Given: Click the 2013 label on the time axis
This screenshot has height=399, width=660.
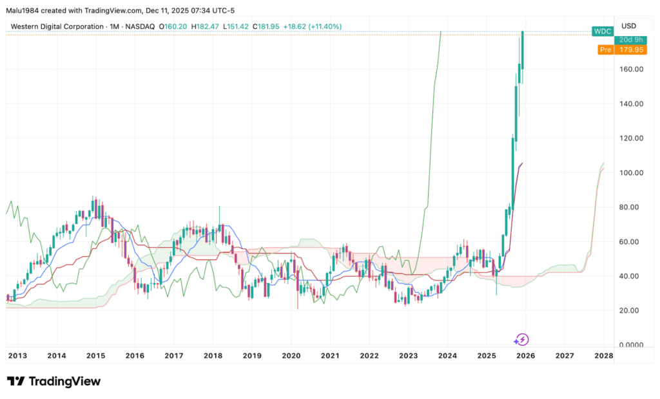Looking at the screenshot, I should pyautogui.click(x=17, y=355).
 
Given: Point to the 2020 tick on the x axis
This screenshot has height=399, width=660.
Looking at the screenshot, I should pyautogui.click(x=291, y=355).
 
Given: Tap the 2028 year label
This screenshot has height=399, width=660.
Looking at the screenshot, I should pyautogui.click(x=603, y=355).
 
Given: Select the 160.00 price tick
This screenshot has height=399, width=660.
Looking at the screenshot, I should pyautogui.click(x=630, y=69).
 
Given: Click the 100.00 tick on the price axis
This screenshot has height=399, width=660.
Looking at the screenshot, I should pyautogui.click(x=630, y=172).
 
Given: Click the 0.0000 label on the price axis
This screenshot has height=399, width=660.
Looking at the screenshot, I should pyautogui.click(x=630, y=345).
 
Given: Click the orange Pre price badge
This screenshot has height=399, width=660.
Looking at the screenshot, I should pyautogui.click(x=605, y=50).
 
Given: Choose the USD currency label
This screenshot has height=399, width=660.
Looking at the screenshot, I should pyautogui.click(x=628, y=26).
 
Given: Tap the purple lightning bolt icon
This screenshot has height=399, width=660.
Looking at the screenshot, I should pyautogui.click(x=523, y=339).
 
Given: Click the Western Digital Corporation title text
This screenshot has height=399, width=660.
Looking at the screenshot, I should pyautogui.click(x=57, y=26).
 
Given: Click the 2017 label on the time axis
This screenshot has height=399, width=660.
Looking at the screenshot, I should pyautogui.click(x=174, y=355).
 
